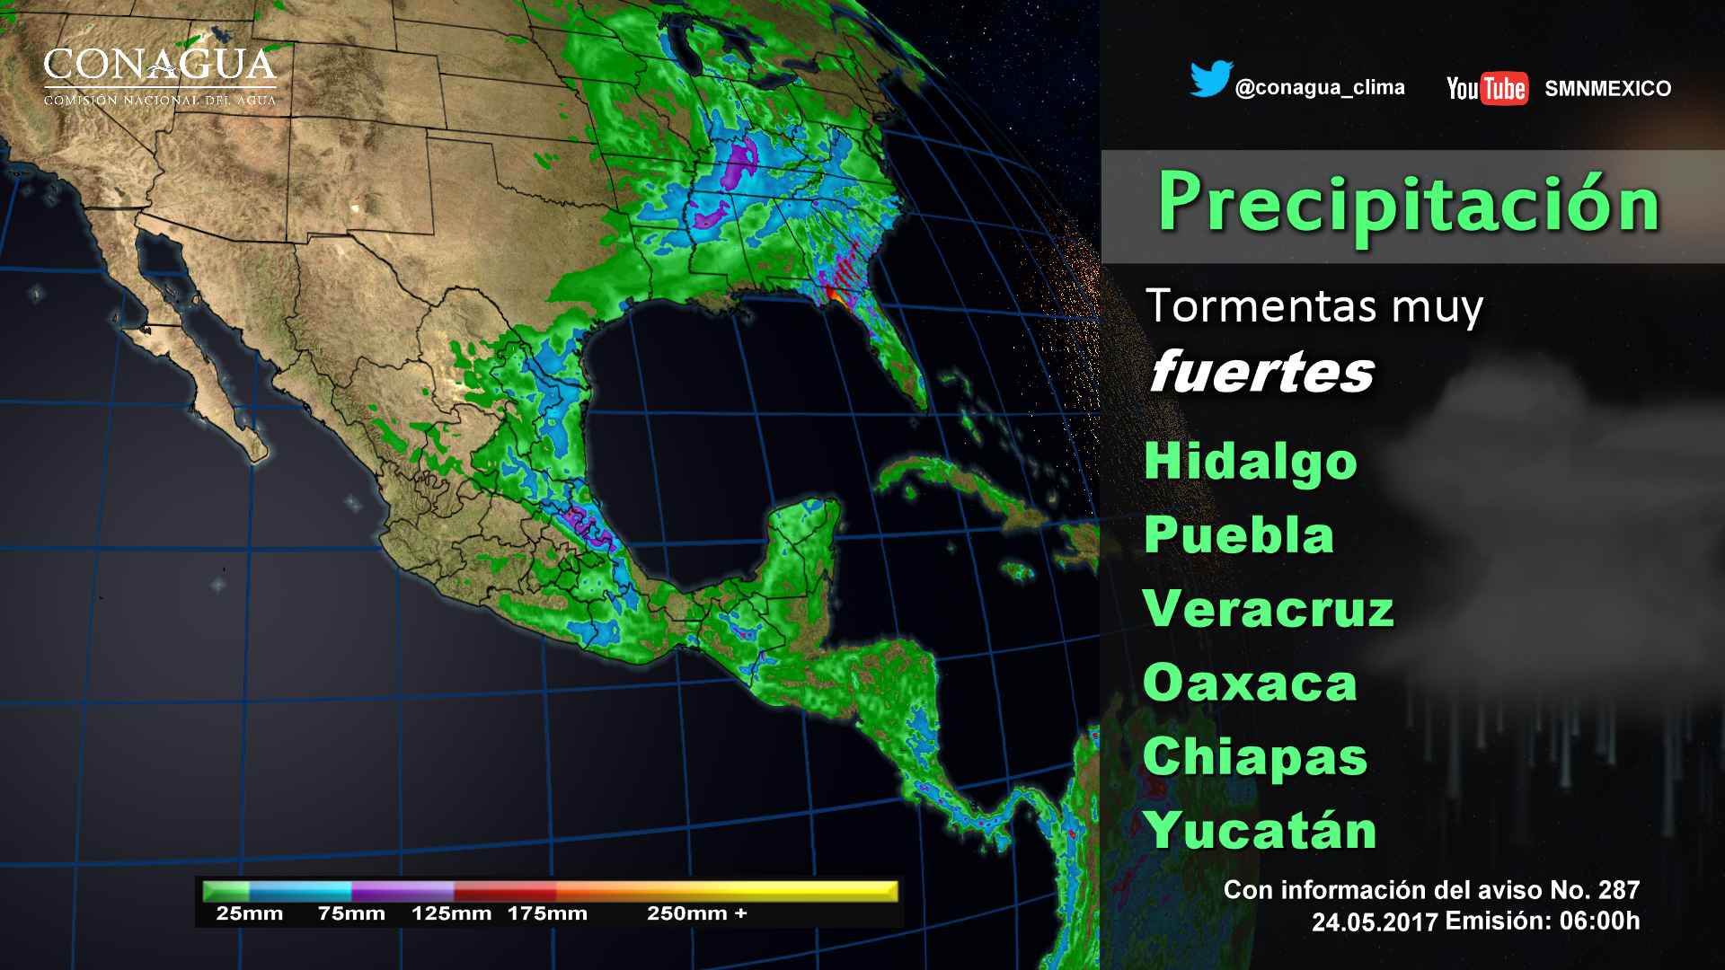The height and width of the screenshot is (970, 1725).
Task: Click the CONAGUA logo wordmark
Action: point(160,66)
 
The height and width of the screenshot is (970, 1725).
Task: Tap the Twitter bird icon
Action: point(1210,79)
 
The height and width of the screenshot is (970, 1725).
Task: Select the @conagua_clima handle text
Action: point(1320,88)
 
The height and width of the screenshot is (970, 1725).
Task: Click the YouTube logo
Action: point(1487,88)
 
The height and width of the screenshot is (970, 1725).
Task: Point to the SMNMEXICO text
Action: point(1607,89)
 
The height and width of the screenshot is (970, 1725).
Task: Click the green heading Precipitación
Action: point(1408,203)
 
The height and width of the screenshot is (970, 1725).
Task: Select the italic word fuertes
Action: point(1261,372)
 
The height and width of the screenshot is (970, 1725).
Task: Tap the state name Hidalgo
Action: point(1250,461)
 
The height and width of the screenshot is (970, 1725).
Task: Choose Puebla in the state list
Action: point(1239,535)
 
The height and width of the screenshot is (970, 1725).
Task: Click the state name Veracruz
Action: point(1268,609)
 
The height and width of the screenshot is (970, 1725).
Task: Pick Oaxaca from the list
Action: point(1250,683)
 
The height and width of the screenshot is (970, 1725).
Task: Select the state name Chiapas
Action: point(1254,757)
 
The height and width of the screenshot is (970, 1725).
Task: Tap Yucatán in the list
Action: point(1261,831)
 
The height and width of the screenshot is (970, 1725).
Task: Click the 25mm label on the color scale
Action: point(249,914)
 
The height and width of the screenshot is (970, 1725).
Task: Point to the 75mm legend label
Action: point(351,914)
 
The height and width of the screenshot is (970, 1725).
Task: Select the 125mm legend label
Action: point(451,914)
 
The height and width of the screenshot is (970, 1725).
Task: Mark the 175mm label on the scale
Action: point(547,914)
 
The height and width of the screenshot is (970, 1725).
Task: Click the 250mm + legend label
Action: point(696,914)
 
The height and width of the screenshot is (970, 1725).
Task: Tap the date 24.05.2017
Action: point(1375,922)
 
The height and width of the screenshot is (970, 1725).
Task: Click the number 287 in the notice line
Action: point(1619,890)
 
